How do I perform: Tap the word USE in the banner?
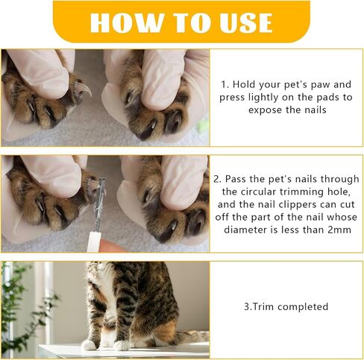(x=245, y=22)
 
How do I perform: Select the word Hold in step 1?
(x=244, y=84)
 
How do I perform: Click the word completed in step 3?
(x=303, y=307)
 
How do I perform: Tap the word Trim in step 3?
(x=263, y=306)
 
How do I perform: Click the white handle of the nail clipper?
(x=94, y=241)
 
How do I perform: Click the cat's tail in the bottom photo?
(x=192, y=337)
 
